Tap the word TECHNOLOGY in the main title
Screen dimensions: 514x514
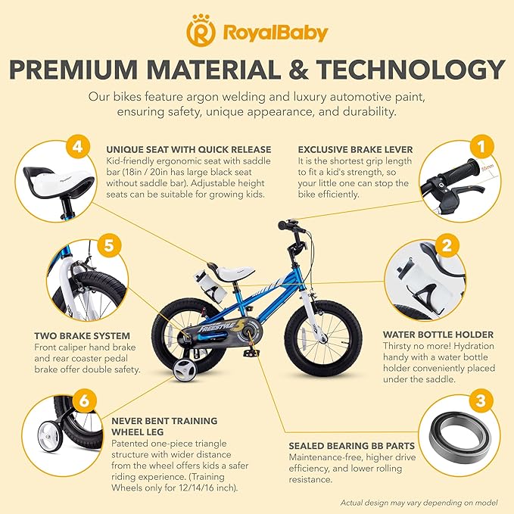coord(409,70)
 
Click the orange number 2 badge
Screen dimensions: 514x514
coord(447,245)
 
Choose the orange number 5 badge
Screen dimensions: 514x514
coord(108,245)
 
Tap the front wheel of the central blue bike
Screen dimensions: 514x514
coord(327,335)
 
